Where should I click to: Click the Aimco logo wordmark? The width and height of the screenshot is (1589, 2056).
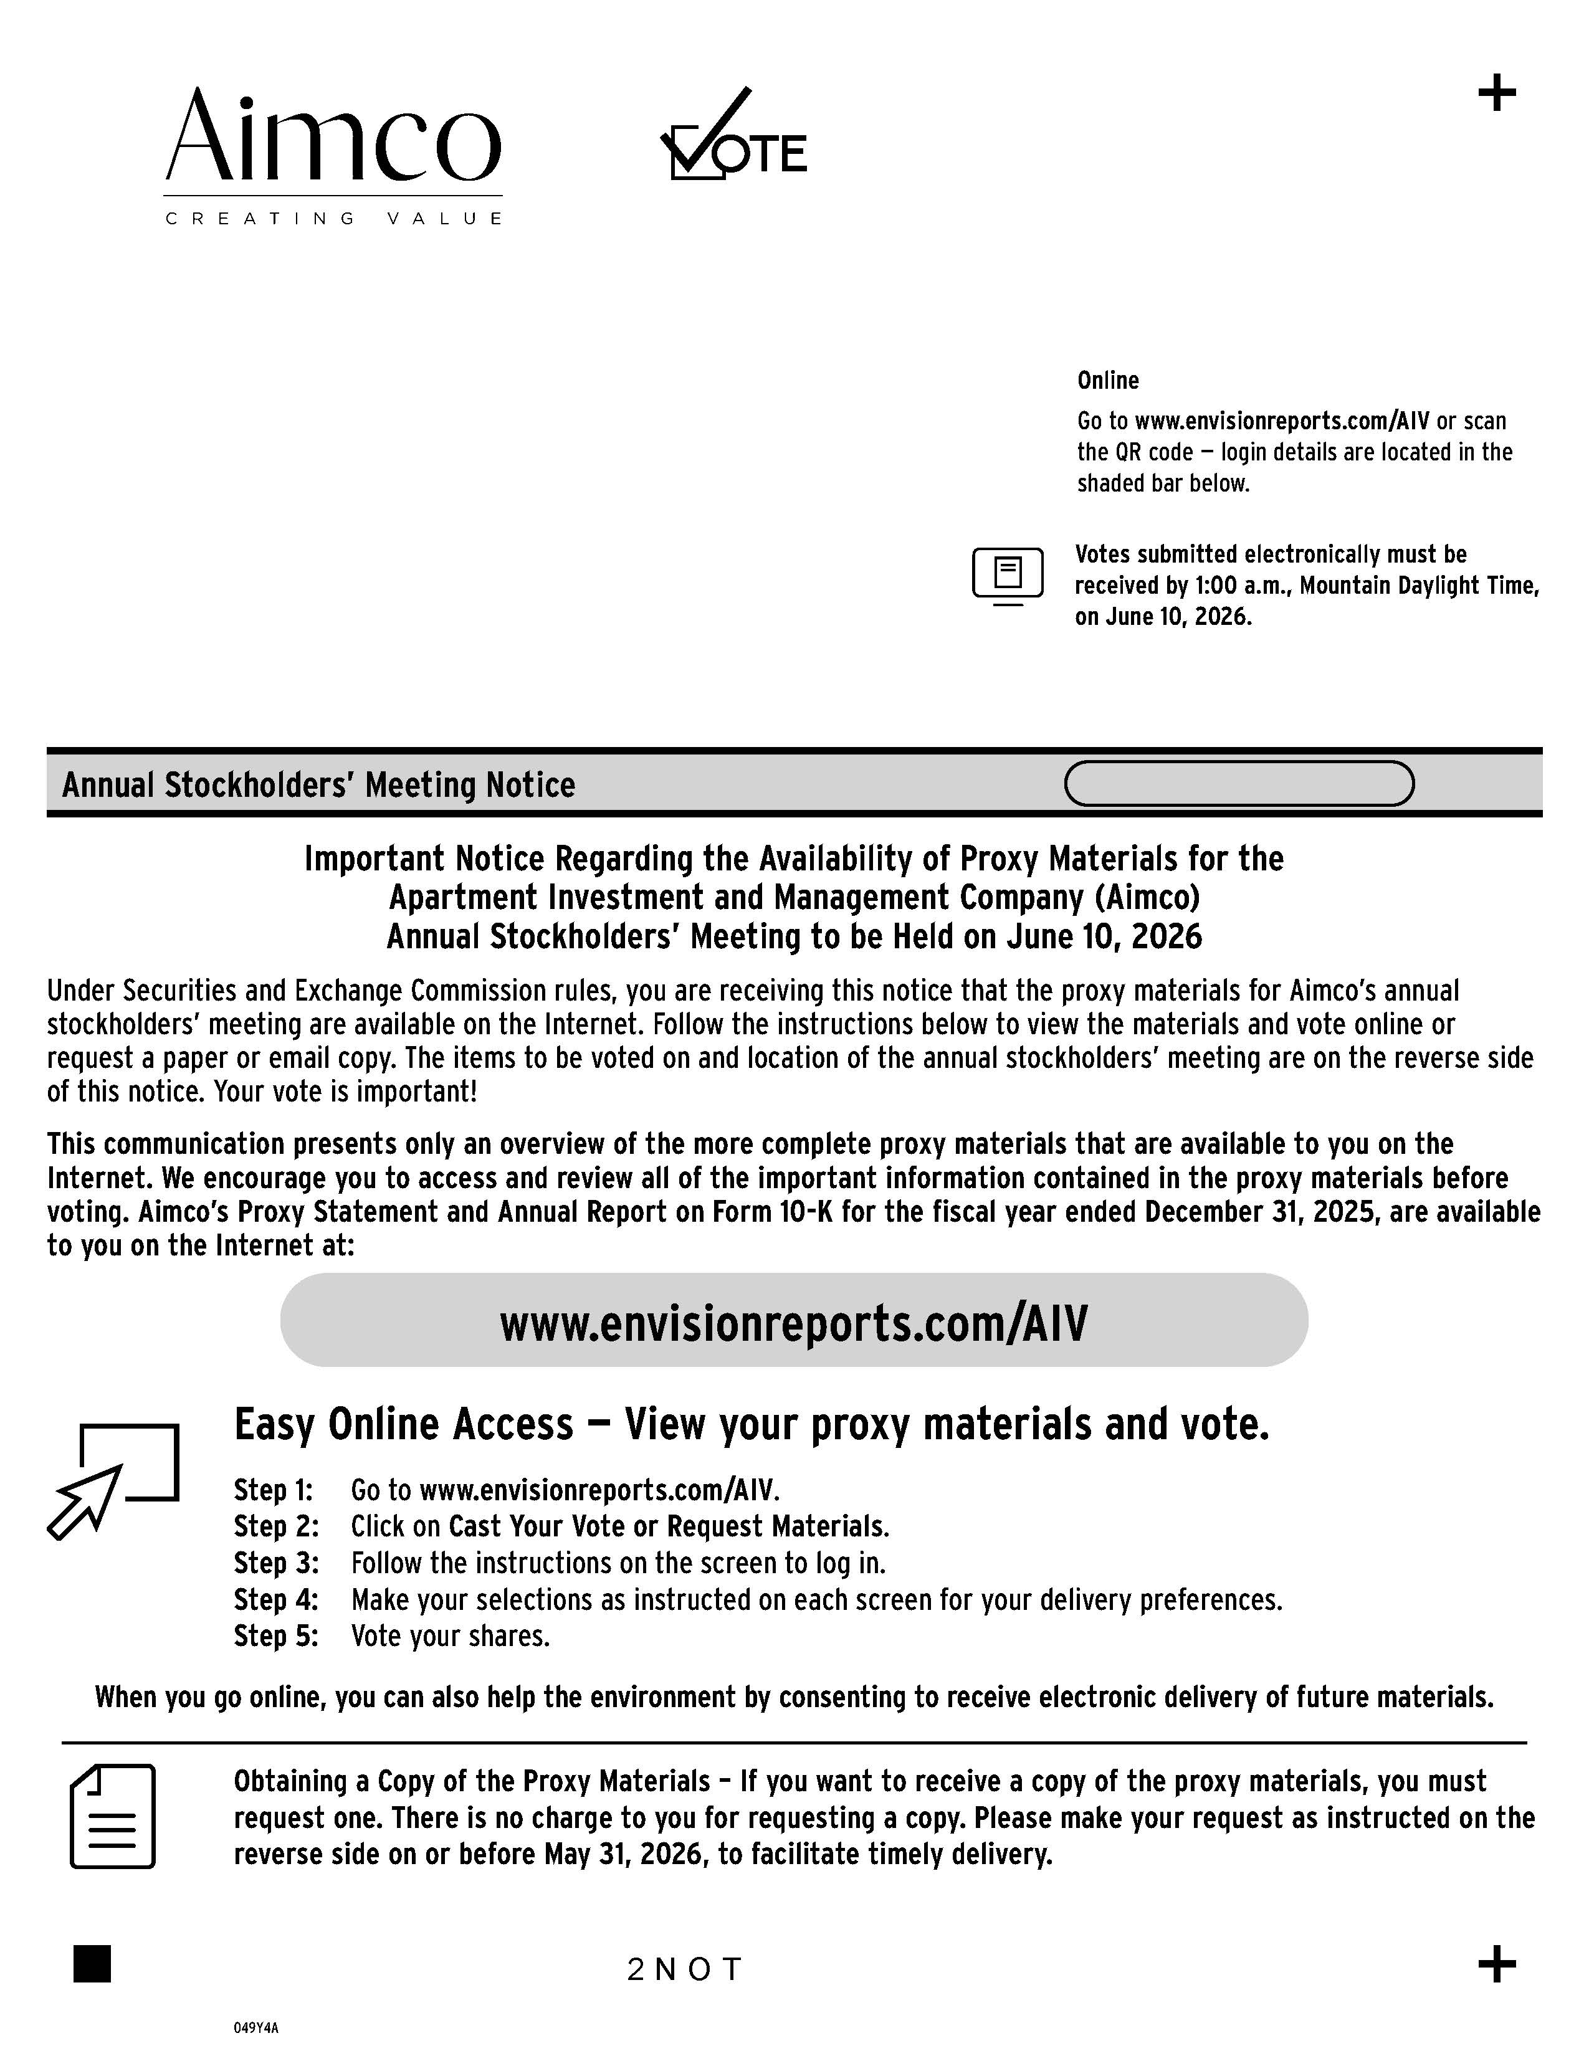(x=333, y=136)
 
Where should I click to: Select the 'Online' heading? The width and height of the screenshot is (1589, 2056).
(x=1108, y=380)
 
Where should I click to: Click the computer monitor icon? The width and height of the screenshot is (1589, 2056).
(x=1007, y=574)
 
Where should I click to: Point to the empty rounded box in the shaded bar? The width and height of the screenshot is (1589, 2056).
(x=1239, y=783)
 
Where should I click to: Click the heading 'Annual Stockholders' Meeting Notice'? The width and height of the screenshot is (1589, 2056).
(x=318, y=784)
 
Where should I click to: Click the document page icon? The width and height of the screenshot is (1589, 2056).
(x=113, y=1816)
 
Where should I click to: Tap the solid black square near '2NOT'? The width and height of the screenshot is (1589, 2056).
(x=92, y=1964)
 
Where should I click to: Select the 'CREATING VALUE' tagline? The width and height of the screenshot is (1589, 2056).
(x=333, y=219)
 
